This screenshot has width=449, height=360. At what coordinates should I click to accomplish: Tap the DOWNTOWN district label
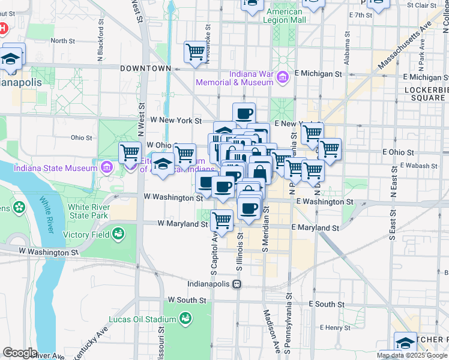coord(146,68)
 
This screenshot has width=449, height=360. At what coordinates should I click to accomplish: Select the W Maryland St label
coord(182,223)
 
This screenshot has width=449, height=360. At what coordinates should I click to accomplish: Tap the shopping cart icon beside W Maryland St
coord(222,220)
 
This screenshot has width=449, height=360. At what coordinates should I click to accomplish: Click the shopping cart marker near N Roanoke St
coord(195,52)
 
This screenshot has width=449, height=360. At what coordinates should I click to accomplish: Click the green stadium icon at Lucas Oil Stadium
coord(185,316)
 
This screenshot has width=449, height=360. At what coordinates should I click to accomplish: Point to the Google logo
coord(20,353)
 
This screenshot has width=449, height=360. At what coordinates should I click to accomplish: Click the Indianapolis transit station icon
coord(238,284)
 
